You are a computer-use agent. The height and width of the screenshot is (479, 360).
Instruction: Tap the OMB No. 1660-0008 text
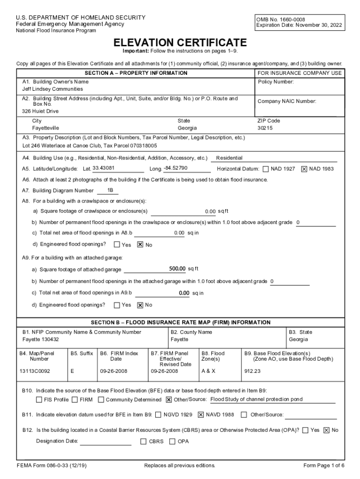279,20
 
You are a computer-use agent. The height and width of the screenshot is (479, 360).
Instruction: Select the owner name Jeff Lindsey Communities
53,89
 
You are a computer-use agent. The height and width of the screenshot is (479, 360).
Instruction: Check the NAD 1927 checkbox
266,169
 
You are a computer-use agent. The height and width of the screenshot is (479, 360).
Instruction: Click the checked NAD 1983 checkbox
304,169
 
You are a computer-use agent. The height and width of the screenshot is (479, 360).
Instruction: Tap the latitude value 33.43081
104,168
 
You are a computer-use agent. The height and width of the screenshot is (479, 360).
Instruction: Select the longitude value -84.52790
175,168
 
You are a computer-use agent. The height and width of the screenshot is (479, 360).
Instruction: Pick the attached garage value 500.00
177,269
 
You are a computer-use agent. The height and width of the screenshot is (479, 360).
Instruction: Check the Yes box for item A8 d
117,244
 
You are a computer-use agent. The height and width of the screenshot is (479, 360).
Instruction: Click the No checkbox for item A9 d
139,305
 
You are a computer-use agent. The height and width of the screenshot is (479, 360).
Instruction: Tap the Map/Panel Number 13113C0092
35,371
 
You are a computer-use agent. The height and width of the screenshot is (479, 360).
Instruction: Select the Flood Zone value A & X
208,371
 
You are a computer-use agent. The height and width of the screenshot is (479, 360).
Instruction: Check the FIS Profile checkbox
39,400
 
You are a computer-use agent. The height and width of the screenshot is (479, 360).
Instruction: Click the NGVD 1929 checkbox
158,414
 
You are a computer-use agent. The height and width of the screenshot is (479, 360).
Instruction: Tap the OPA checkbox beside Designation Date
173,441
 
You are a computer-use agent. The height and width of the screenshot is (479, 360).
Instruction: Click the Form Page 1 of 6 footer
324,465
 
